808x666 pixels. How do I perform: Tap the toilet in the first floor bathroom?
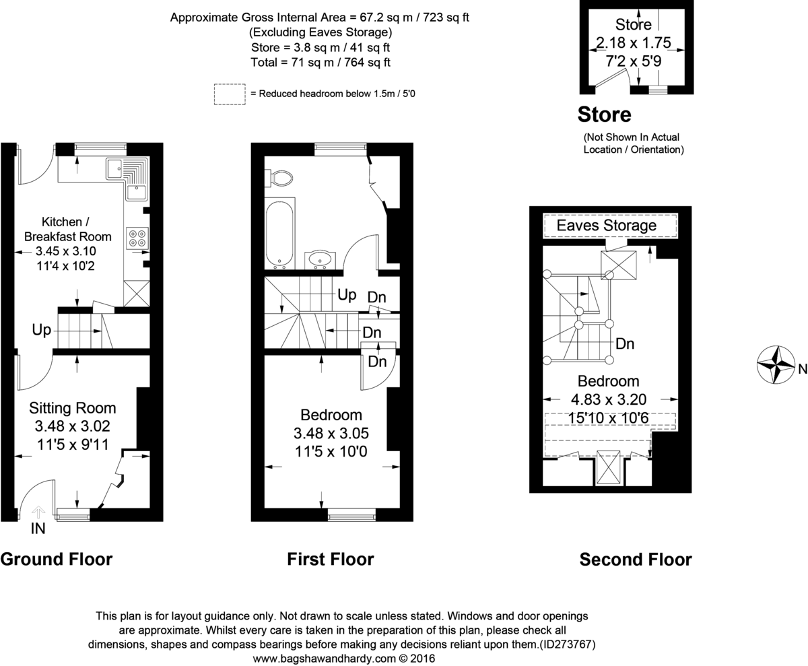(x=281, y=178)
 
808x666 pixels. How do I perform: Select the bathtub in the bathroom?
(x=279, y=233)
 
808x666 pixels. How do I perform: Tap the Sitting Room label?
(x=72, y=408)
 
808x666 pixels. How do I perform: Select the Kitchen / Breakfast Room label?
(x=67, y=229)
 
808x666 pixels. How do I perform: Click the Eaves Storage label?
(x=606, y=226)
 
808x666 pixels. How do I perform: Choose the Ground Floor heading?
(x=56, y=559)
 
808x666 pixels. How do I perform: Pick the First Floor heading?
(x=330, y=559)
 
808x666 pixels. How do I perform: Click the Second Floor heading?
(x=635, y=559)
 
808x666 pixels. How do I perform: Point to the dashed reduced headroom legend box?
(x=230, y=94)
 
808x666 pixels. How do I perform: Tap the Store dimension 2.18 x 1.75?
(x=633, y=43)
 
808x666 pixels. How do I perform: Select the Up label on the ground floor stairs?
(x=41, y=330)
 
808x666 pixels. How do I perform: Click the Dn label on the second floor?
(x=626, y=344)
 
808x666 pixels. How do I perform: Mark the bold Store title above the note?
(x=604, y=115)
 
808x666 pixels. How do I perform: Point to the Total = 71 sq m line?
(x=319, y=62)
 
